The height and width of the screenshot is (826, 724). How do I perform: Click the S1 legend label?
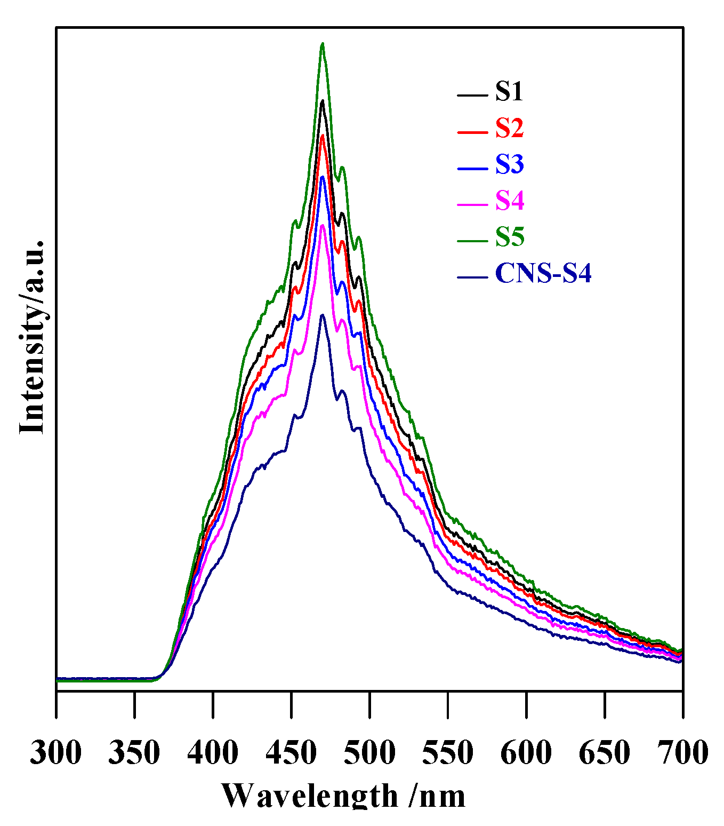(x=509, y=92)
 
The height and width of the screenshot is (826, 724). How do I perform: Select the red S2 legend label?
(x=509, y=128)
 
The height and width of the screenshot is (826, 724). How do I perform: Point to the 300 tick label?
(x=56, y=753)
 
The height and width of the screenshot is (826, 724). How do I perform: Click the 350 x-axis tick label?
(x=134, y=753)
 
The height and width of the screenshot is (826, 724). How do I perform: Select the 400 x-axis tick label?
(x=213, y=753)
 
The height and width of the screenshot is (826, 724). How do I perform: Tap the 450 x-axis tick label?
(x=291, y=753)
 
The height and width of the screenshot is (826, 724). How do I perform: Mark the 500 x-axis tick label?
(x=369, y=753)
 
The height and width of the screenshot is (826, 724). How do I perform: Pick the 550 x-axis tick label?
(x=448, y=753)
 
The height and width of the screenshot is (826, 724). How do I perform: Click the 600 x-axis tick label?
(x=526, y=753)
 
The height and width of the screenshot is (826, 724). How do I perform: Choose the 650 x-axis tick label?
(x=605, y=753)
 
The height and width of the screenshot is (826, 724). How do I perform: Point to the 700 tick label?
(x=682, y=753)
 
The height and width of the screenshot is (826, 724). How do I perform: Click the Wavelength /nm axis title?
(x=343, y=797)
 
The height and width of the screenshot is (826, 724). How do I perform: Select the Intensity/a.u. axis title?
(x=32, y=337)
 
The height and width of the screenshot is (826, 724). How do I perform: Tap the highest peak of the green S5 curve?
(x=322, y=44)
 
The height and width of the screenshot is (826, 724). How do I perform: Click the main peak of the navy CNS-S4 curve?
(x=322, y=315)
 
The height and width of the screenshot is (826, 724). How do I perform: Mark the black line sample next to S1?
(x=472, y=96)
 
